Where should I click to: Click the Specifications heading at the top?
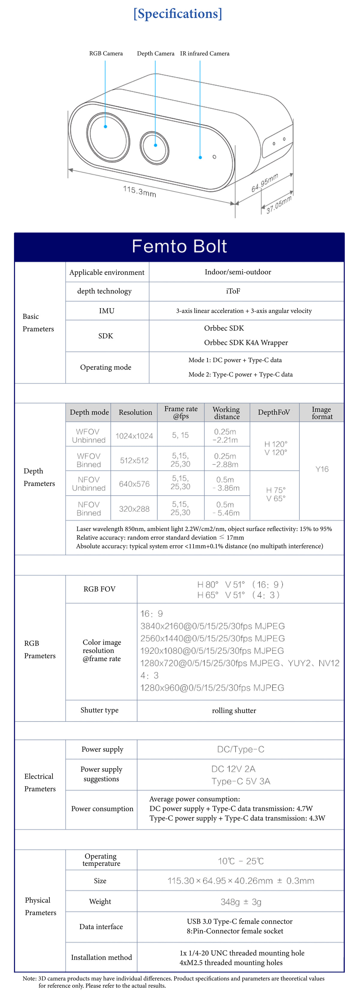pos(178,14)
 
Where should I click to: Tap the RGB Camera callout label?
pos(106,53)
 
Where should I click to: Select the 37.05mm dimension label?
pos(279,205)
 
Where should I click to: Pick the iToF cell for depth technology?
pos(233,291)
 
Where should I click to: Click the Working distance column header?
pos(226,413)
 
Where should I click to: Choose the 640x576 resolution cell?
pos(134,484)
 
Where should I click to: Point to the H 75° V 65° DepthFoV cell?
pos(276,494)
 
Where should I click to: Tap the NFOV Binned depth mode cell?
pos(88,509)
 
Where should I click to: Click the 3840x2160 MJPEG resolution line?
pos(212,626)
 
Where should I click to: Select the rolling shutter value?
pos(234,711)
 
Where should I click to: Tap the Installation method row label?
pos(101,957)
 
